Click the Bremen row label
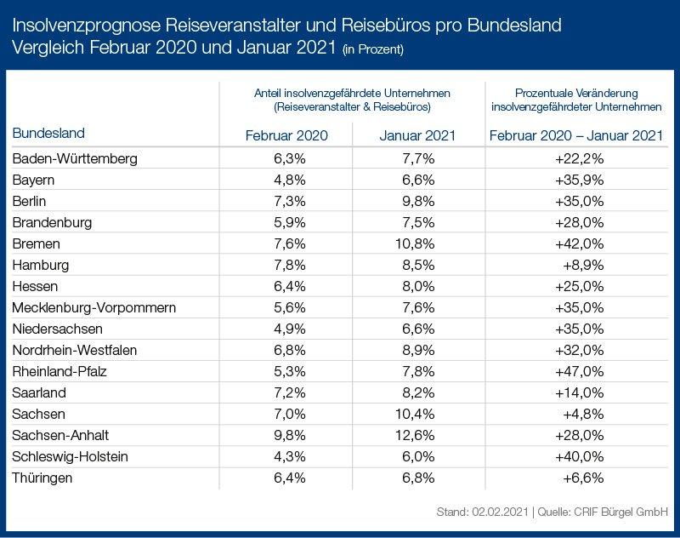pyautogui.click(x=35, y=243)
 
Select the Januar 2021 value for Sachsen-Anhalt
pyautogui.click(x=417, y=435)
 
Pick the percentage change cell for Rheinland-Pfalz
pyautogui.click(x=583, y=371)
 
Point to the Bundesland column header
pyautogui.click(x=48, y=134)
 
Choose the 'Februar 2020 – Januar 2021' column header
pyautogui.click(x=576, y=135)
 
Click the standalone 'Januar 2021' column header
pyautogui.click(x=417, y=135)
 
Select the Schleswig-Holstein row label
pyautogui.click(x=71, y=456)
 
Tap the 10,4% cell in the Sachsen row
pyautogui.click(x=417, y=414)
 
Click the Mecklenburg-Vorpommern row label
pyautogui.click(x=93, y=307)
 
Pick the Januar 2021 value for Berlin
pyautogui.click(x=417, y=201)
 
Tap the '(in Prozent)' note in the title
pyautogui.click(x=374, y=49)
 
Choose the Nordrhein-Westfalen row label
pyautogui.click(x=75, y=350)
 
